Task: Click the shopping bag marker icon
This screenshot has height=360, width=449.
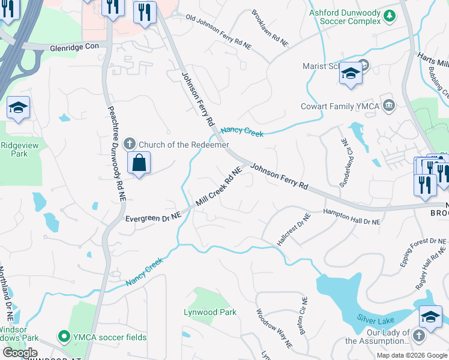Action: click(x=139, y=163)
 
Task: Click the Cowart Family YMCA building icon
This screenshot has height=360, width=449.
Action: click(x=388, y=106)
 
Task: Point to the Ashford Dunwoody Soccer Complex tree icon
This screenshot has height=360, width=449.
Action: click(x=390, y=16)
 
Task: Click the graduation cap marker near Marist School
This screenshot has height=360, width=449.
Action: click(x=350, y=74)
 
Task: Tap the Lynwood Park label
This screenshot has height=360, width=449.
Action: click(x=210, y=312)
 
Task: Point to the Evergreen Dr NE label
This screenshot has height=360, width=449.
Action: click(x=153, y=218)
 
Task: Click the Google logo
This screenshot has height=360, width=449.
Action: click(x=19, y=353)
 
